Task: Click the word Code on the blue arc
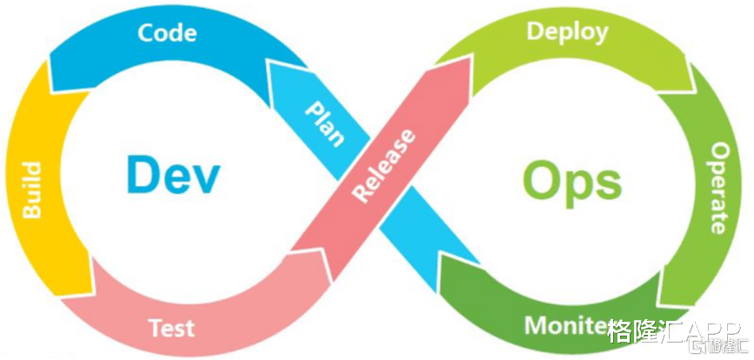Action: click(x=167, y=33)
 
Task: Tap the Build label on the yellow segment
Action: click(x=31, y=189)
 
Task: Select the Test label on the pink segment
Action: click(x=171, y=328)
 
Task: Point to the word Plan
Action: click(x=324, y=122)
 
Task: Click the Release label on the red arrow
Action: click(x=383, y=165)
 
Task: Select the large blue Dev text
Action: click(x=173, y=174)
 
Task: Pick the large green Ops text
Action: click(x=571, y=181)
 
